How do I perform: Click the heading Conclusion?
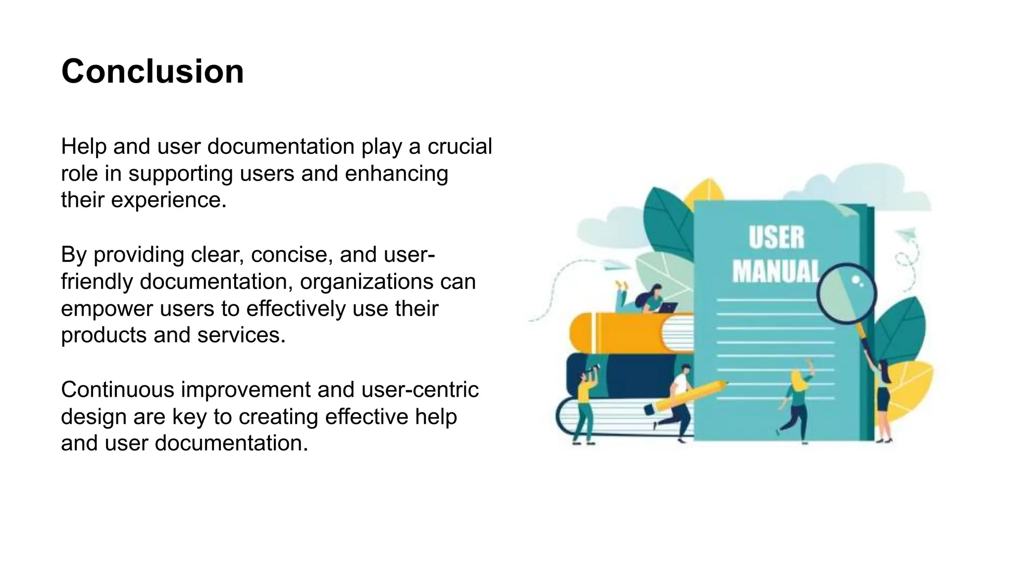click(x=152, y=72)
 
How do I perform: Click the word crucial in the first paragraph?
click(x=459, y=146)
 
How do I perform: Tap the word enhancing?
click(x=396, y=173)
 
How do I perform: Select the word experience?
click(x=168, y=200)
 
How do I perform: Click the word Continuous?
click(x=117, y=389)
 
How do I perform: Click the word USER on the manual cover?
click(x=776, y=238)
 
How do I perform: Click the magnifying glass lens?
click(x=846, y=293)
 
